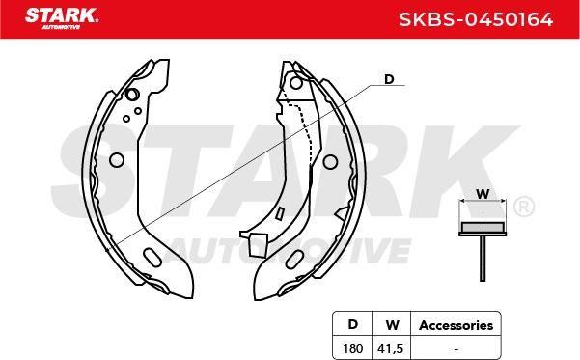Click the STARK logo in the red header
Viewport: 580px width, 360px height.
click(x=62, y=17)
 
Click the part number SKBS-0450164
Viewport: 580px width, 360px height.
click(x=476, y=19)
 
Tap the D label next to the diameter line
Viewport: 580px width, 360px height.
click(x=389, y=79)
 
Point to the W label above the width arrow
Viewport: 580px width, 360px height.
click(x=483, y=194)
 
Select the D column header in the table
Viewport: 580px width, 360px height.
click(x=353, y=324)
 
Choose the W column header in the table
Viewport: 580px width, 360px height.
click(x=392, y=325)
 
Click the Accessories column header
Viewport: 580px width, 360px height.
click(x=456, y=325)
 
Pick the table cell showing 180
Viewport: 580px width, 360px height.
click(x=352, y=348)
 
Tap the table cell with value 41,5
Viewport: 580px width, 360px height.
click(x=391, y=348)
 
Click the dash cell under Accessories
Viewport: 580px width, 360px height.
click(x=456, y=348)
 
